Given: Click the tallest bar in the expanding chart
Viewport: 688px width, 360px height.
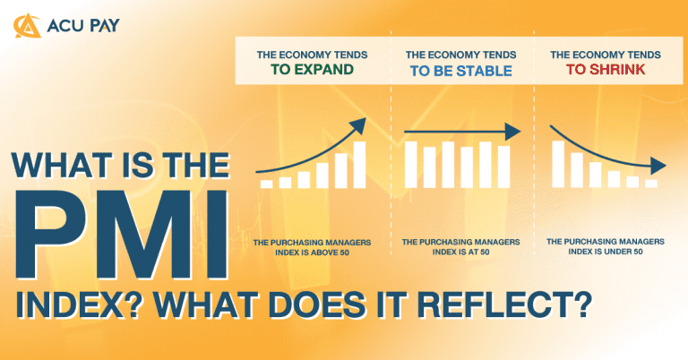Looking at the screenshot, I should coord(359,165).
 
